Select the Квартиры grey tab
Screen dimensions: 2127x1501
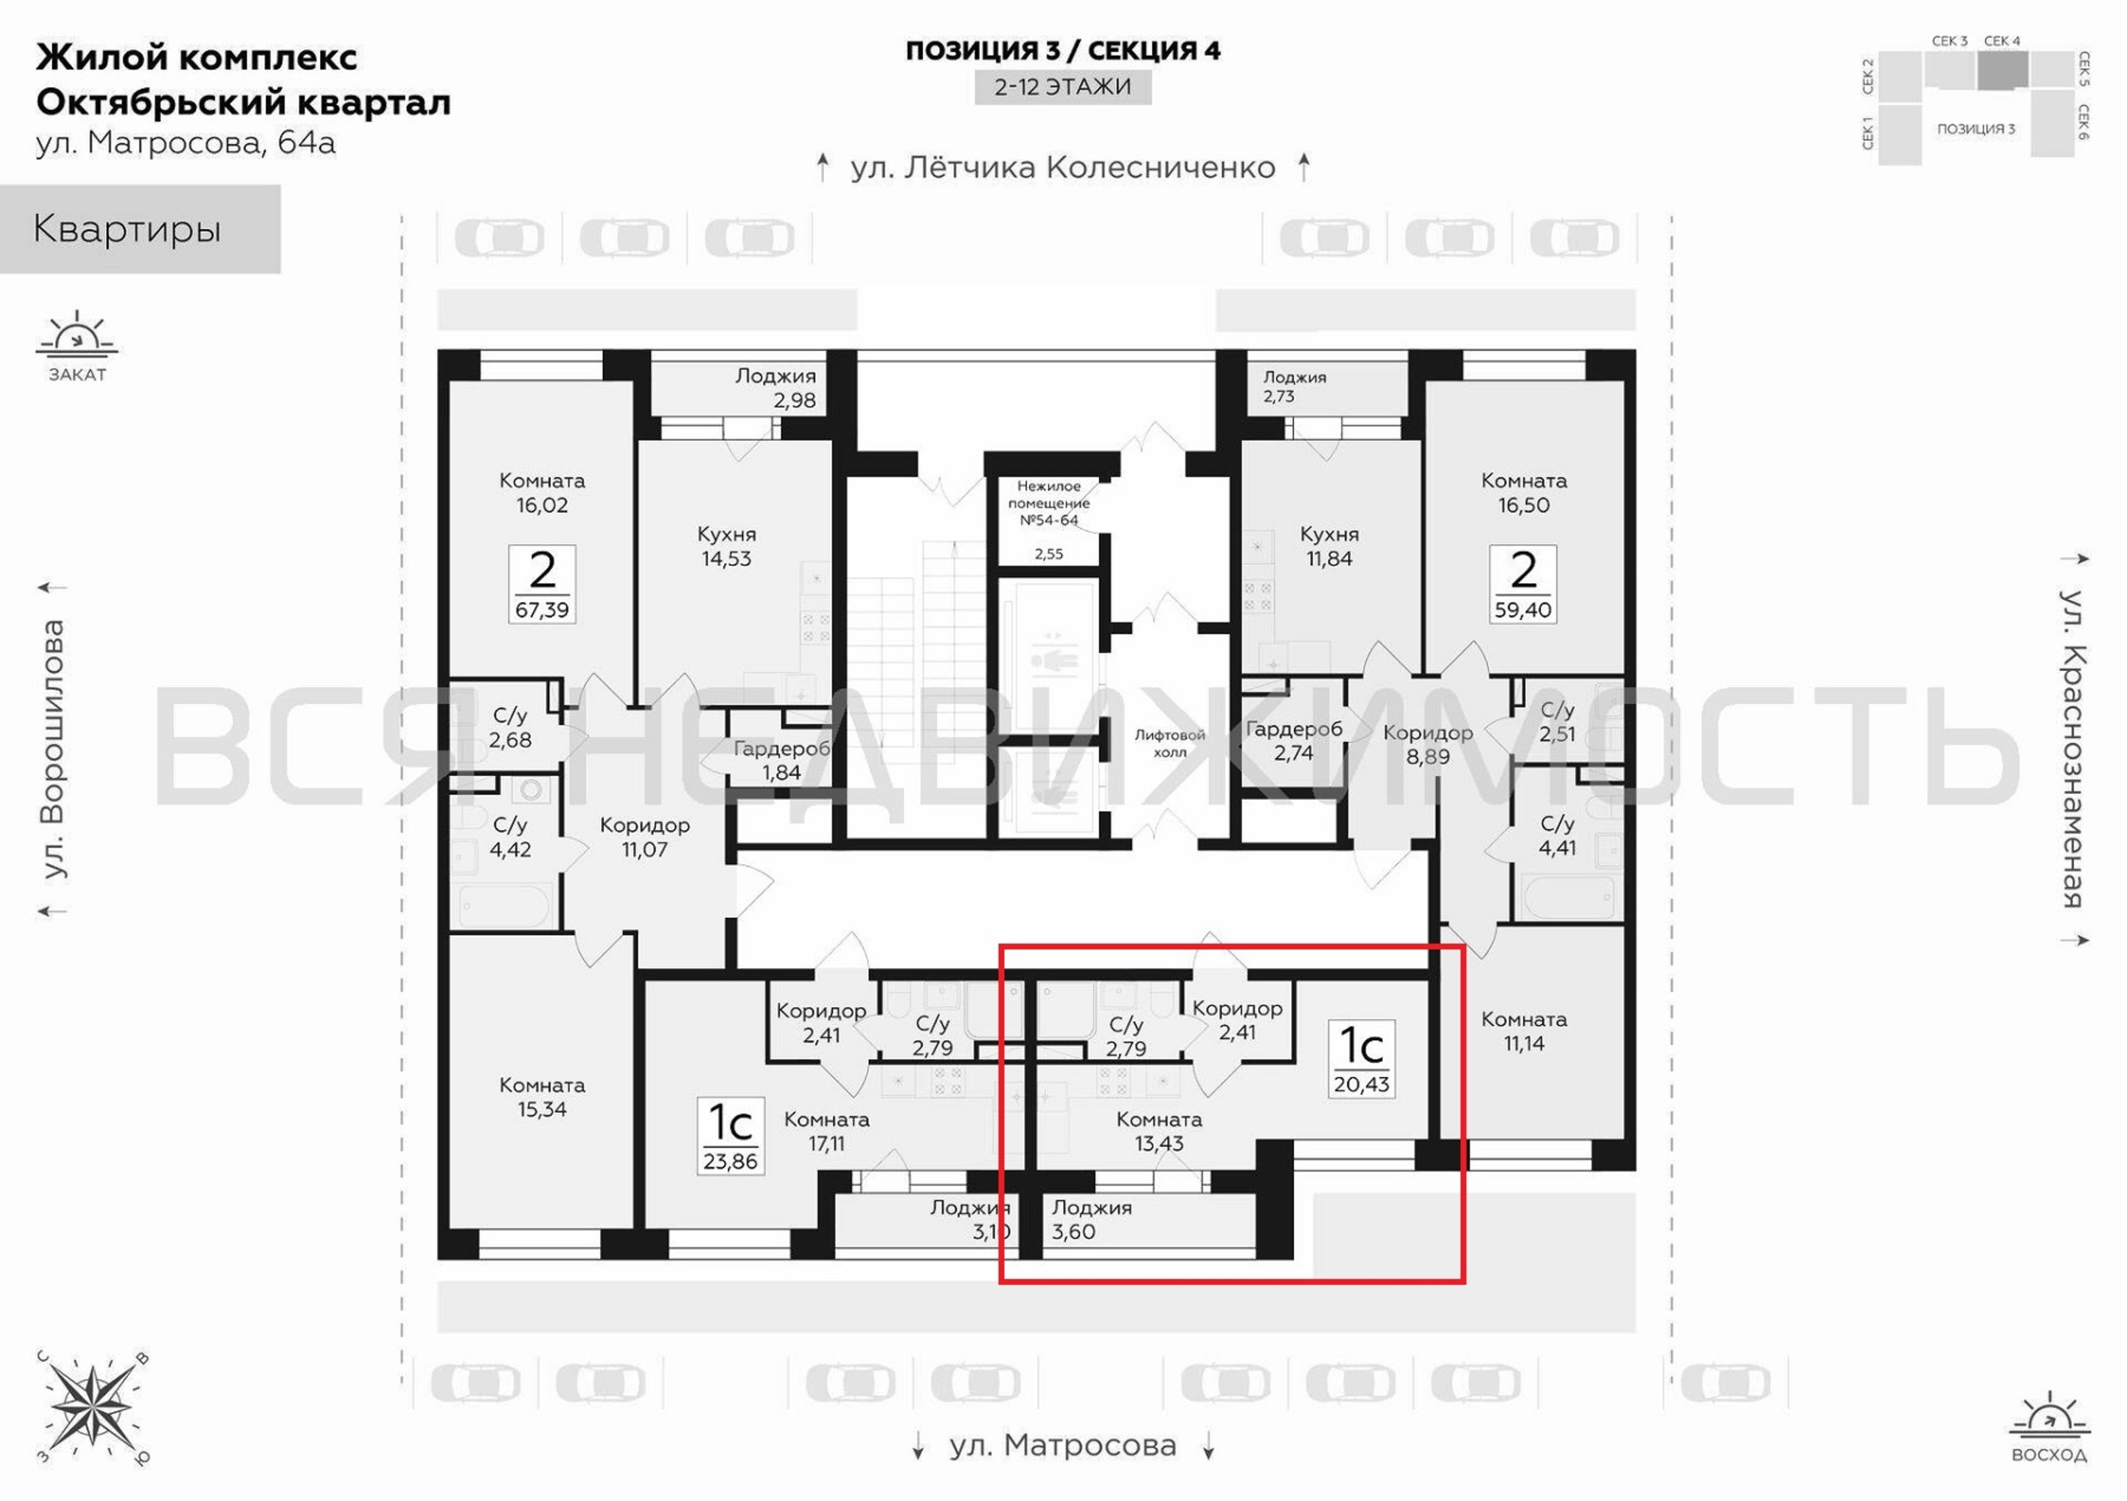pos(140,229)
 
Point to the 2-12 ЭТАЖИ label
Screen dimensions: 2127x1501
pos(1063,87)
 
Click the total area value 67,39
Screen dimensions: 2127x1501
pos(542,610)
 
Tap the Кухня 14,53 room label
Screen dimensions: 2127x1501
pos(726,546)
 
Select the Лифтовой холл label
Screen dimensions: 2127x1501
pos(1170,744)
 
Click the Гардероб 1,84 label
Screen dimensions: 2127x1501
pos(781,760)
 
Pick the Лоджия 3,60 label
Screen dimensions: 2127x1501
pos(1091,1220)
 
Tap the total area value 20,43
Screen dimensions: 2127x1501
pos(1362,1084)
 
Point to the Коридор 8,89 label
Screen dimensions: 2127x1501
pos(1428,744)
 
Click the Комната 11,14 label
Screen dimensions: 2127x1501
pos(1524,1031)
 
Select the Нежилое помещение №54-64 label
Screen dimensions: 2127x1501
pos(1048,504)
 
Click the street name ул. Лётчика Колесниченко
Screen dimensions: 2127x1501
pos(1063,167)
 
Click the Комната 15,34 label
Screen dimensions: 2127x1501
pos(542,1097)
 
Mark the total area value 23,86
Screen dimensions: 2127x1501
pos(730,1161)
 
